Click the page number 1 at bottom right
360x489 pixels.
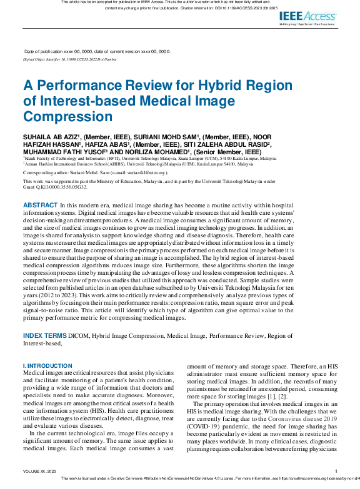pyautogui.click(x=336, y=472)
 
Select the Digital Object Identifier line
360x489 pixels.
pyautogui.click(x=70, y=59)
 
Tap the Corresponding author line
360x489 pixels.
pyautogui.click(x=95, y=171)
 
